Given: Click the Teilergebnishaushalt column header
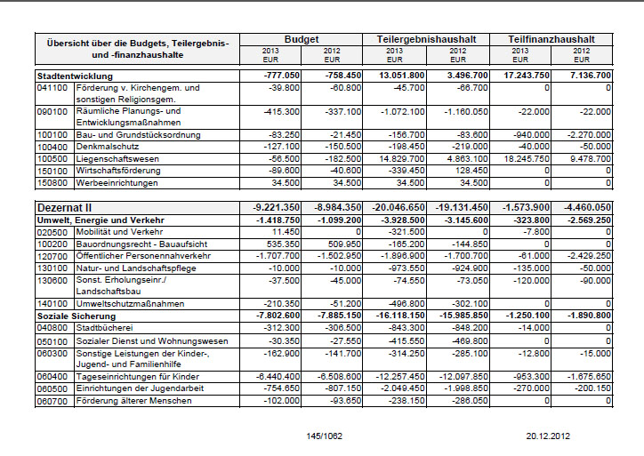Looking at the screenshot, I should click(x=426, y=40).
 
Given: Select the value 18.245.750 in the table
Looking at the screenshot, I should click(x=527, y=158).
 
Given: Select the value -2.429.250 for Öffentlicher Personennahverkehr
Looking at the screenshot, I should click(x=587, y=254).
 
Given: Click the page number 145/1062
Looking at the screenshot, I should click(x=325, y=436).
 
